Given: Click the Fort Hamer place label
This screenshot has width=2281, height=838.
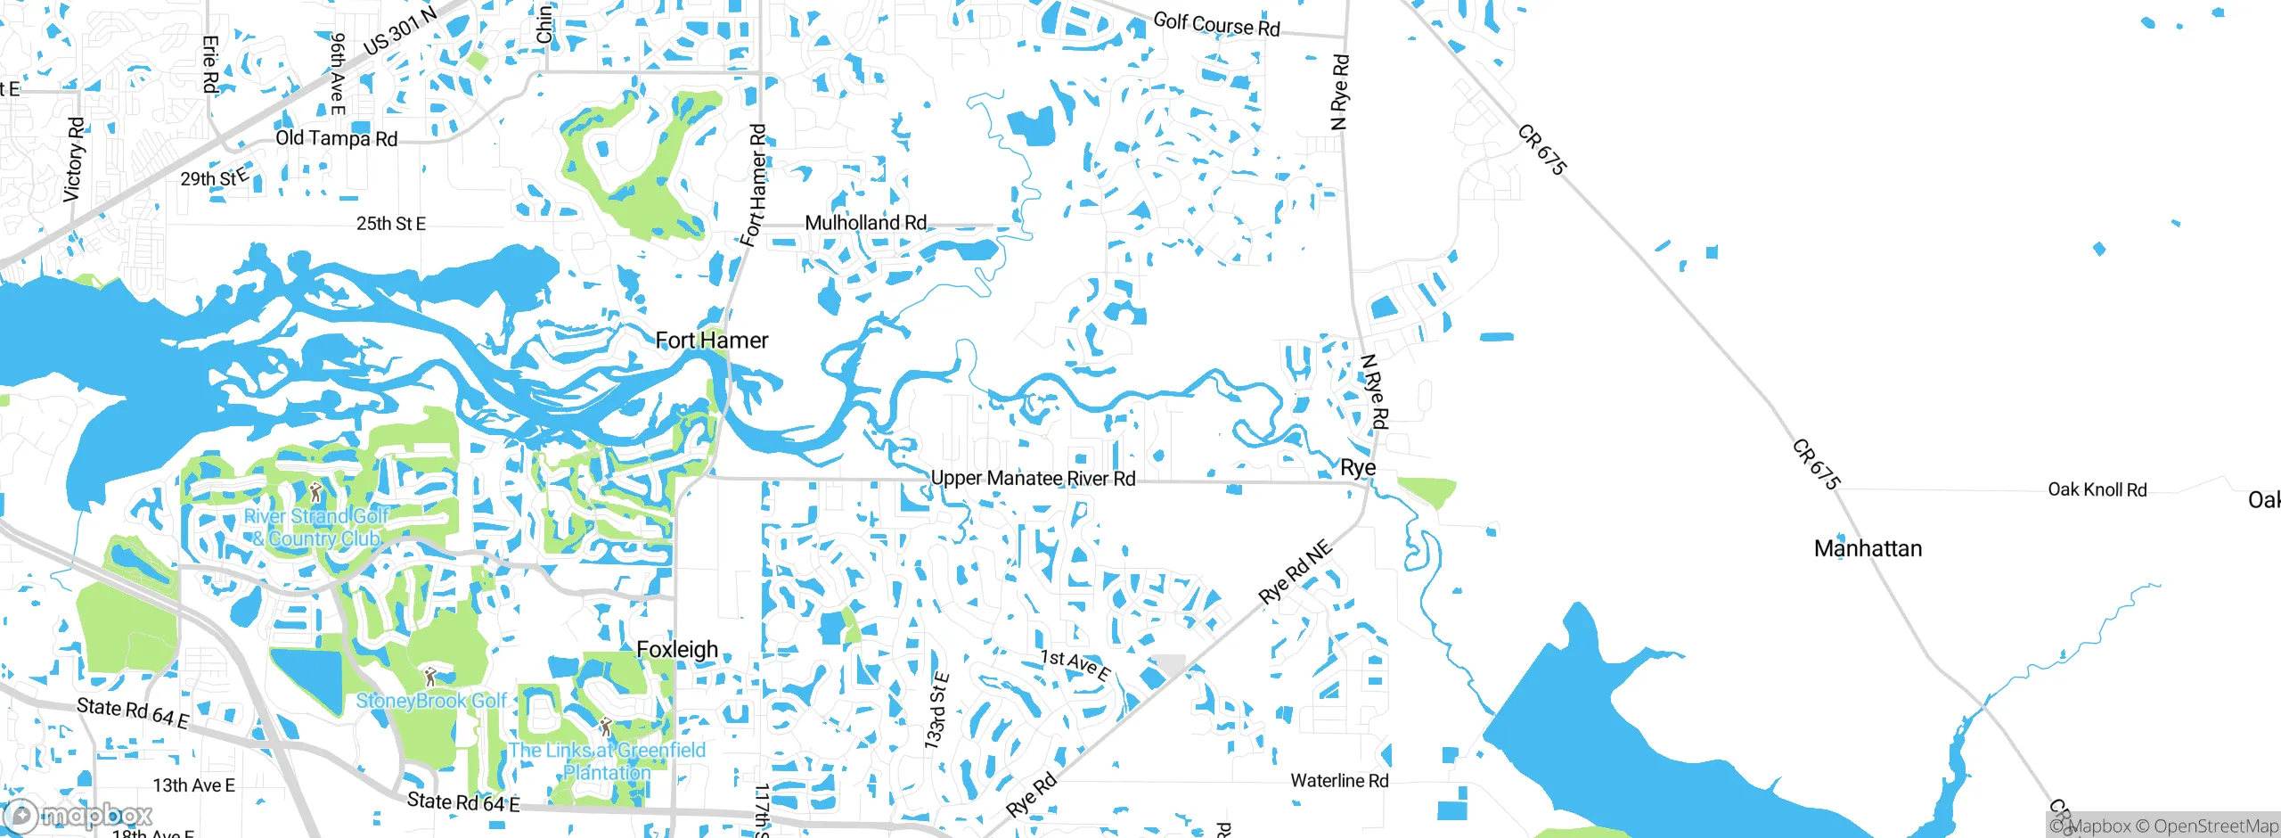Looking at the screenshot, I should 711,341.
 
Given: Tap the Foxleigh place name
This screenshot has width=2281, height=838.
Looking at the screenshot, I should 677,650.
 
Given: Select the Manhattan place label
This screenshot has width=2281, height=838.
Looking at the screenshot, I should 1868,548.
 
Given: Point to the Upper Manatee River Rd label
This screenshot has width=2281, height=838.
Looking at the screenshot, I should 1033,479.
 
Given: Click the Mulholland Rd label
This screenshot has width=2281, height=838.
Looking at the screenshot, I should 865,223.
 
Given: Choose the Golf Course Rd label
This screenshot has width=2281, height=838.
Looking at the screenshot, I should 1216,24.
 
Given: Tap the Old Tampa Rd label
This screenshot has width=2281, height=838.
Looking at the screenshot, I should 336,138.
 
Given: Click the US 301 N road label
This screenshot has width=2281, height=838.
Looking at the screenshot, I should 400,30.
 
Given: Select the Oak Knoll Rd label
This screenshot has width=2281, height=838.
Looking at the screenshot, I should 2097,489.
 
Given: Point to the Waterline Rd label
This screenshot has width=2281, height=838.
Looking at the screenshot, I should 1339,781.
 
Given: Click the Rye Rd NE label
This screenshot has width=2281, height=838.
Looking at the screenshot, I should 1296,571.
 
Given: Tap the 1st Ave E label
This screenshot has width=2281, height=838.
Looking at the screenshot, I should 1075,664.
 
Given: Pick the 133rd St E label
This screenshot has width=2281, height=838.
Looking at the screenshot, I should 936,711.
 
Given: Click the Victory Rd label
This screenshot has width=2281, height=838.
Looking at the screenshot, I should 74,159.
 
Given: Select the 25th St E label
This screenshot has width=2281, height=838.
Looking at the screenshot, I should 390,224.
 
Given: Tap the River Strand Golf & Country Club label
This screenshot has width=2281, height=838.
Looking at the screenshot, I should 316,528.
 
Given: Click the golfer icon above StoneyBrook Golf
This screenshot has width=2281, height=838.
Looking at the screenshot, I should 430,677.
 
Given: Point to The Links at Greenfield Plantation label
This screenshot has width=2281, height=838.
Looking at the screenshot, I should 607,761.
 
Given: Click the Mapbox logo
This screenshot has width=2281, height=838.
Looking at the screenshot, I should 78,815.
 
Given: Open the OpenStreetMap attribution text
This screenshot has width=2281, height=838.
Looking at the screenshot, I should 2215,826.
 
